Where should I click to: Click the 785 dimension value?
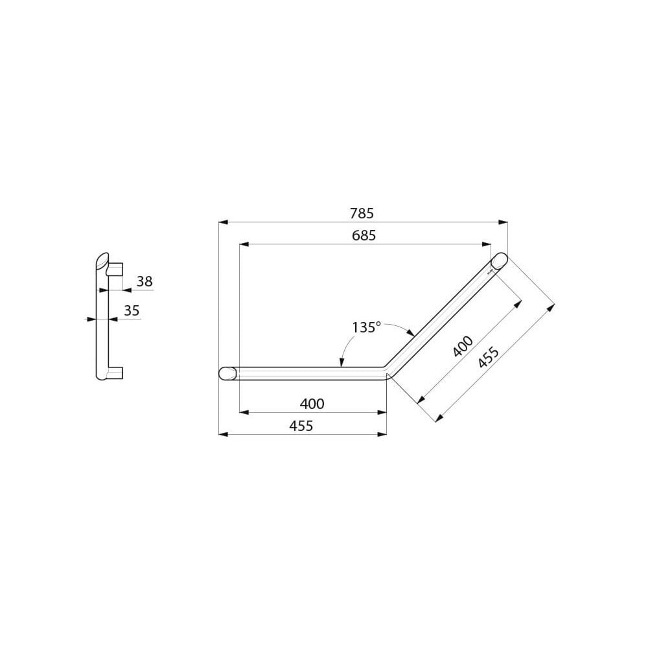(x=362, y=213)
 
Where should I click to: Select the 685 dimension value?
(x=364, y=236)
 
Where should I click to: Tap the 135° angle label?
(x=366, y=327)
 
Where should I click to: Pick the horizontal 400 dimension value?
(x=312, y=404)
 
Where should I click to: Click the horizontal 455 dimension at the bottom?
(x=301, y=426)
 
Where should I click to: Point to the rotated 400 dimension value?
(x=463, y=347)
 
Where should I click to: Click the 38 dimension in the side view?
(x=145, y=281)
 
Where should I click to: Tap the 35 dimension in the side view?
(x=132, y=311)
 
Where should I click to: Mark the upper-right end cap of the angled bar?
(x=499, y=261)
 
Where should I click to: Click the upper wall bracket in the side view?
(x=115, y=268)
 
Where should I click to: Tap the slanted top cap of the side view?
(x=102, y=260)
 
